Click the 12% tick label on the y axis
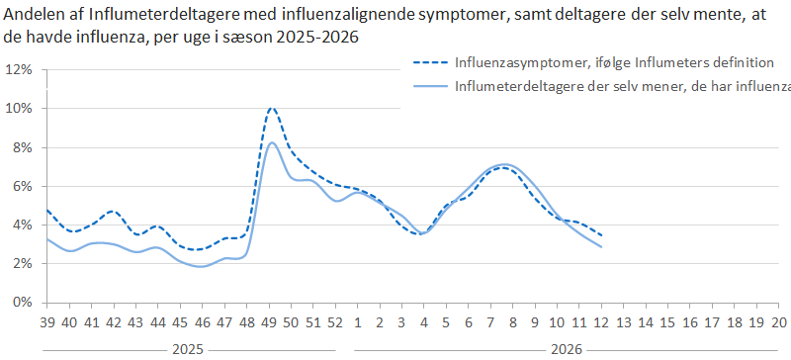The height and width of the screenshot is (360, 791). (x=19, y=70)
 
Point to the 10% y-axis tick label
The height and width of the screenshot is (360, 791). (x=19, y=109)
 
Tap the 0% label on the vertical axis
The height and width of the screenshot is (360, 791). (x=22, y=303)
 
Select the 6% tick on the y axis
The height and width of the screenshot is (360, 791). (x=22, y=186)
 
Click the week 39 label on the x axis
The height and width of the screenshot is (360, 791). (x=46, y=322)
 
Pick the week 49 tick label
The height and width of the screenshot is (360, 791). (x=272, y=322)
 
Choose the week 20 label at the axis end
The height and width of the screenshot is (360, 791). (x=780, y=322)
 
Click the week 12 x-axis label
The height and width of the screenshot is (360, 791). (x=601, y=322)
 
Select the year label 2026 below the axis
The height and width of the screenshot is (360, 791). (x=566, y=349)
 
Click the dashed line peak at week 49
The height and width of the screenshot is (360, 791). (x=272, y=108)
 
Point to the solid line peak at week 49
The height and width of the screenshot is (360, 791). (x=272, y=143)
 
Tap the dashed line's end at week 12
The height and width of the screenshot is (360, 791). (x=601, y=235)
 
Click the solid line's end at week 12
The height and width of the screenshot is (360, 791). (x=601, y=246)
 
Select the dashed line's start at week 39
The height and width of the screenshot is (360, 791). (x=47, y=211)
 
